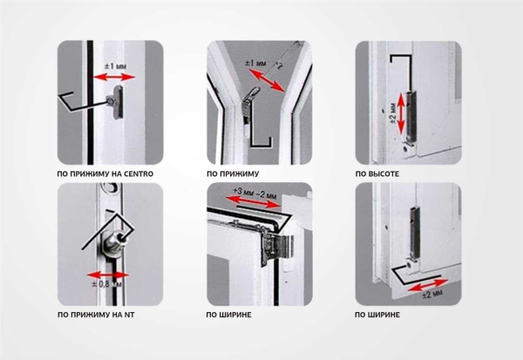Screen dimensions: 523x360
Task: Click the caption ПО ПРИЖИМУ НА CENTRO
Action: click(x=105, y=173)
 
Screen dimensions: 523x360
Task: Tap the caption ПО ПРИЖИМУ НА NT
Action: click(x=96, y=315)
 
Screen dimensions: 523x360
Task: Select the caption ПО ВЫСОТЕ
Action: click(x=377, y=173)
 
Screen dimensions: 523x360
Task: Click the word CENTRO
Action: click(x=139, y=173)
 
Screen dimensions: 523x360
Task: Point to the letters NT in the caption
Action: click(x=129, y=315)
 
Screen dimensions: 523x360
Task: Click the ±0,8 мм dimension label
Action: click(x=106, y=284)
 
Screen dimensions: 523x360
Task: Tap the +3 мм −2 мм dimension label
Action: click(x=255, y=193)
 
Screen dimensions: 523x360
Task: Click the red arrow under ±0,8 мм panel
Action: click(x=108, y=275)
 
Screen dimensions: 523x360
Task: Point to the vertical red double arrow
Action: click(x=401, y=112)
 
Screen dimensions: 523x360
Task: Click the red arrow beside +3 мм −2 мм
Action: click(x=253, y=201)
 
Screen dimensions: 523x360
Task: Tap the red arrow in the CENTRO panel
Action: click(x=113, y=78)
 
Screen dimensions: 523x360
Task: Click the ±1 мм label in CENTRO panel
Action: click(x=115, y=65)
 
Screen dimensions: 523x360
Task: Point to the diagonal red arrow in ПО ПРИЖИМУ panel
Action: click(x=267, y=80)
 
